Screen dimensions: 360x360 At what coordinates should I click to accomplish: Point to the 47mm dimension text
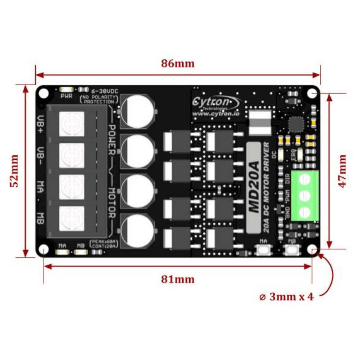pos(342,171)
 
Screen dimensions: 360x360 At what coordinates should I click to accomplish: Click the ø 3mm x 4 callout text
pos(286,297)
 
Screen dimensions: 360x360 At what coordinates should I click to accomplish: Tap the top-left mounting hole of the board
pos(43,93)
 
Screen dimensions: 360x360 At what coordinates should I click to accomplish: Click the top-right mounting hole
pos(313,93)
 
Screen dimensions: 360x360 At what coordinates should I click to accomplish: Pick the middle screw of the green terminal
pos(305,195)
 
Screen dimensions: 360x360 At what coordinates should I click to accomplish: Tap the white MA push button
pos(263,250)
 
